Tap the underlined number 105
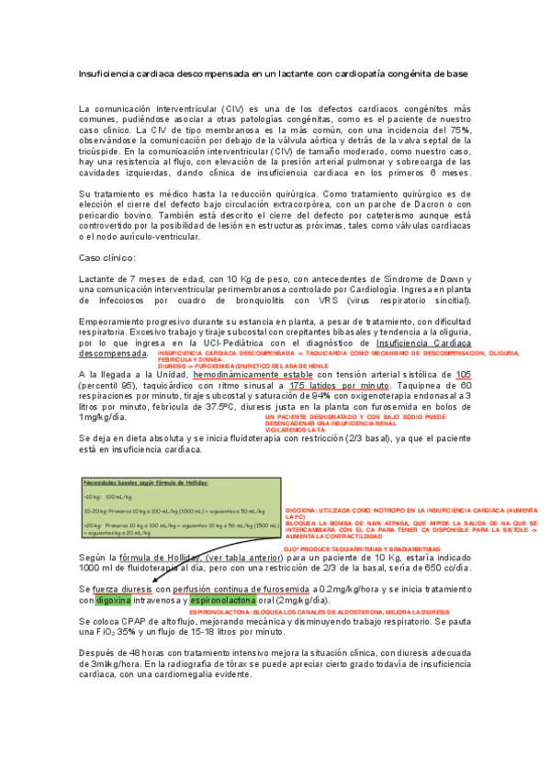click(x=463, y=375)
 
